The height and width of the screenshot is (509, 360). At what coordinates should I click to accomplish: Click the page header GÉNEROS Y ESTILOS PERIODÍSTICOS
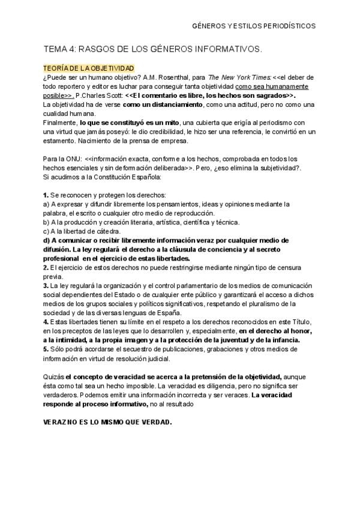[253, 27]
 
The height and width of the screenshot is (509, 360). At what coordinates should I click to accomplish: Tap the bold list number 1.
[46, 196]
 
